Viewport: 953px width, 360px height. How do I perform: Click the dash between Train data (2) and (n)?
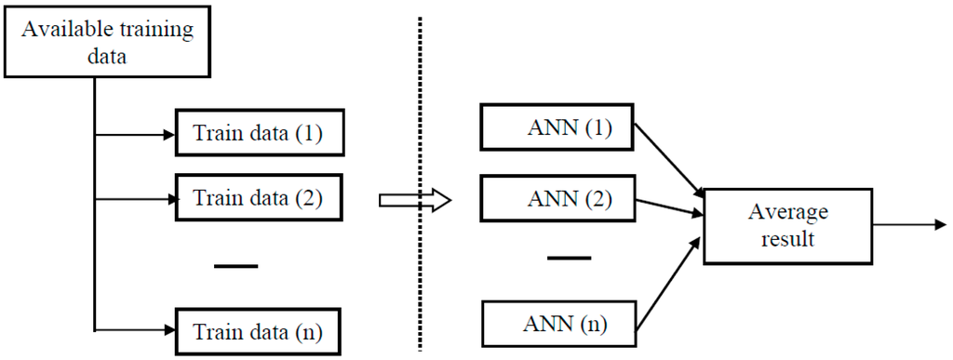coord(235,267)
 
